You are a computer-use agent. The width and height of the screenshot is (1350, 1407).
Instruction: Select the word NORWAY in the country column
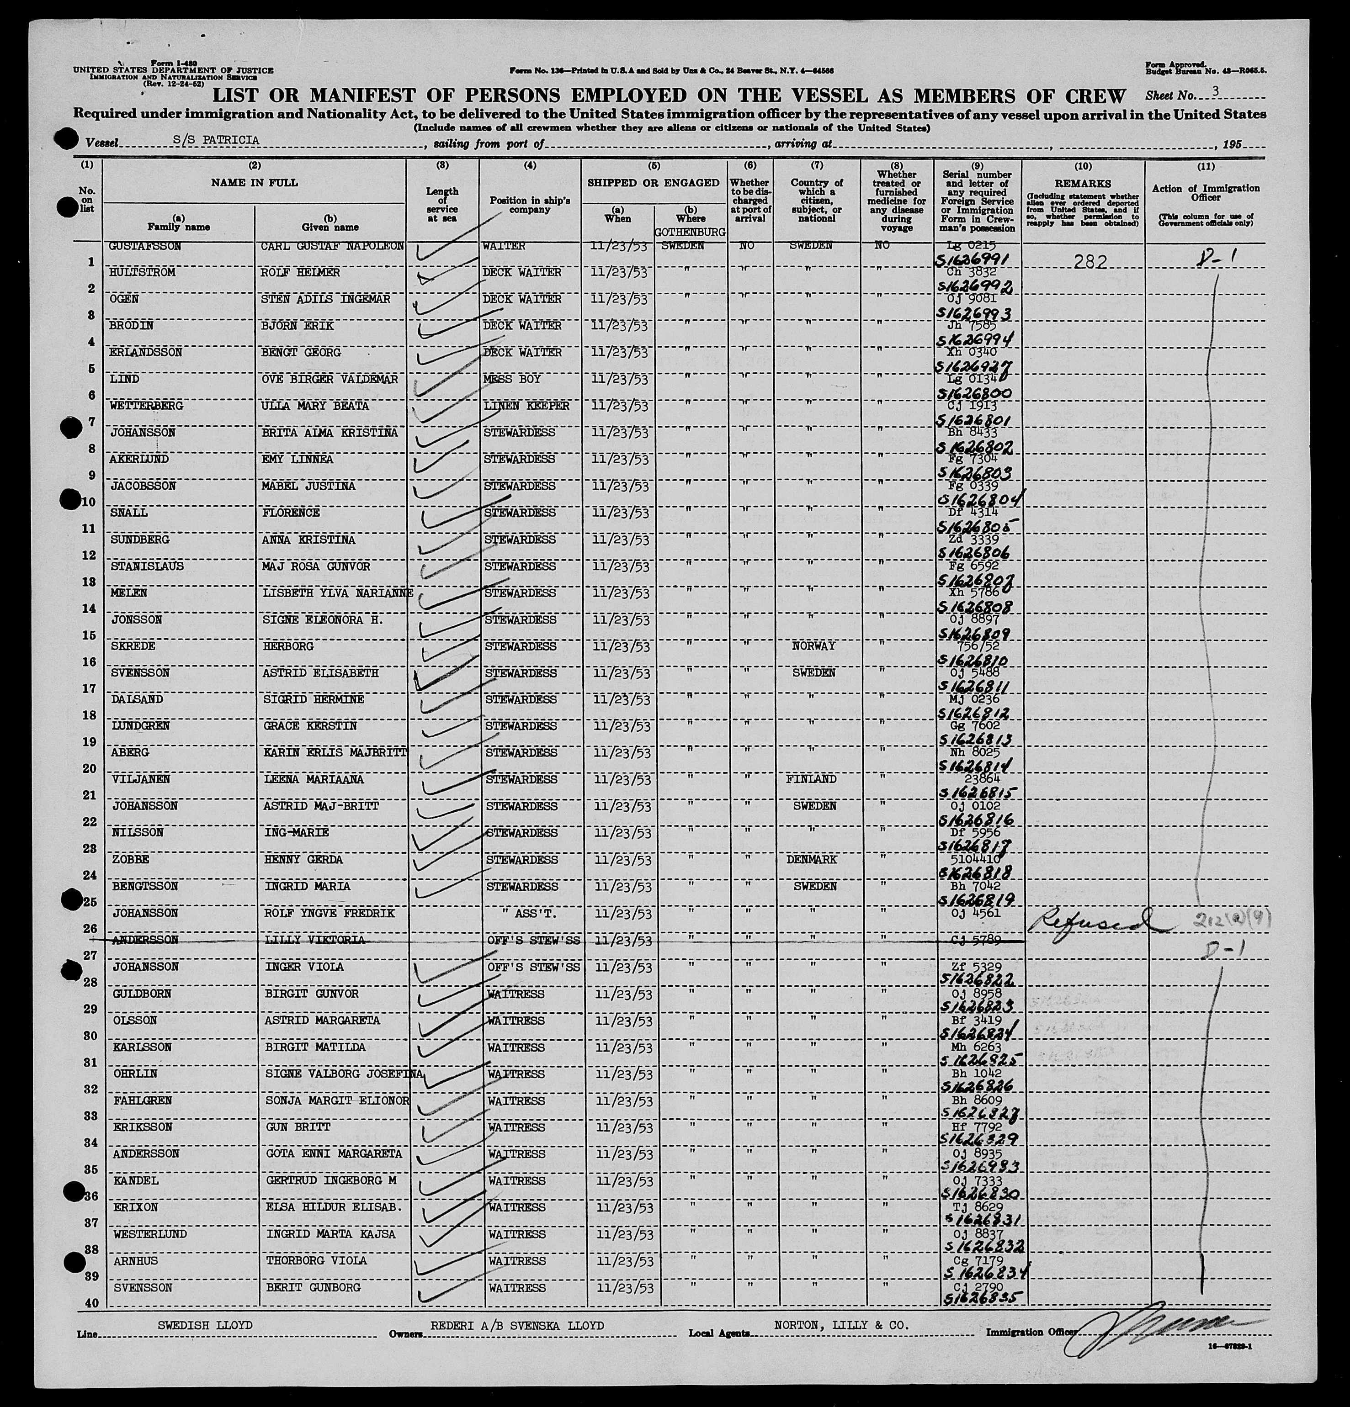[813, 646]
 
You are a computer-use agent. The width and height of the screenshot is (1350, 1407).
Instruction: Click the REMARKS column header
[1082, 184]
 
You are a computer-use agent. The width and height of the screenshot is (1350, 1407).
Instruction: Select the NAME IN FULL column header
[254, 182]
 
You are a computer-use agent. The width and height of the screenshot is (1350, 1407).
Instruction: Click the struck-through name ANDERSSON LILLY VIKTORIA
[237, 940]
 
